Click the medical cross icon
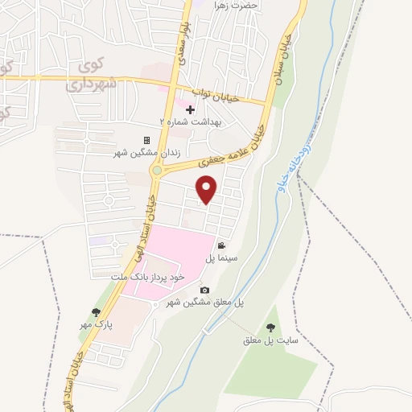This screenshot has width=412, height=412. tap(190, 109)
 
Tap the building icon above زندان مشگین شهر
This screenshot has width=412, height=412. tap(146, 140)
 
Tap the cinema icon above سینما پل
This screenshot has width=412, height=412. tap(220, 246)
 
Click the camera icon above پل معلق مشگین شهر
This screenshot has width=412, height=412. tap(204, 290)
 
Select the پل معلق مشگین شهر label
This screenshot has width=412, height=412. tap(204, 302)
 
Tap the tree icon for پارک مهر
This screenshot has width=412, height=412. tap(96, 311)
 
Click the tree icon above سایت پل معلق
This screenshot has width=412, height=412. tap(270, 328)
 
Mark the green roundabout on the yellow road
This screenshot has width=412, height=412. tap(159, 170)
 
